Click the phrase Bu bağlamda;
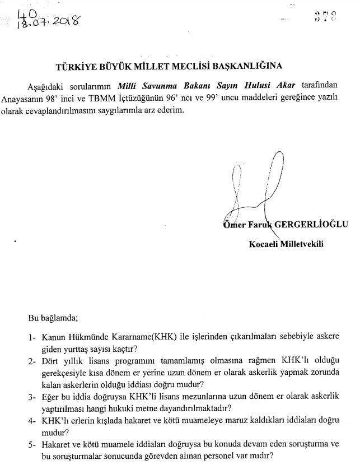[53, 319]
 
